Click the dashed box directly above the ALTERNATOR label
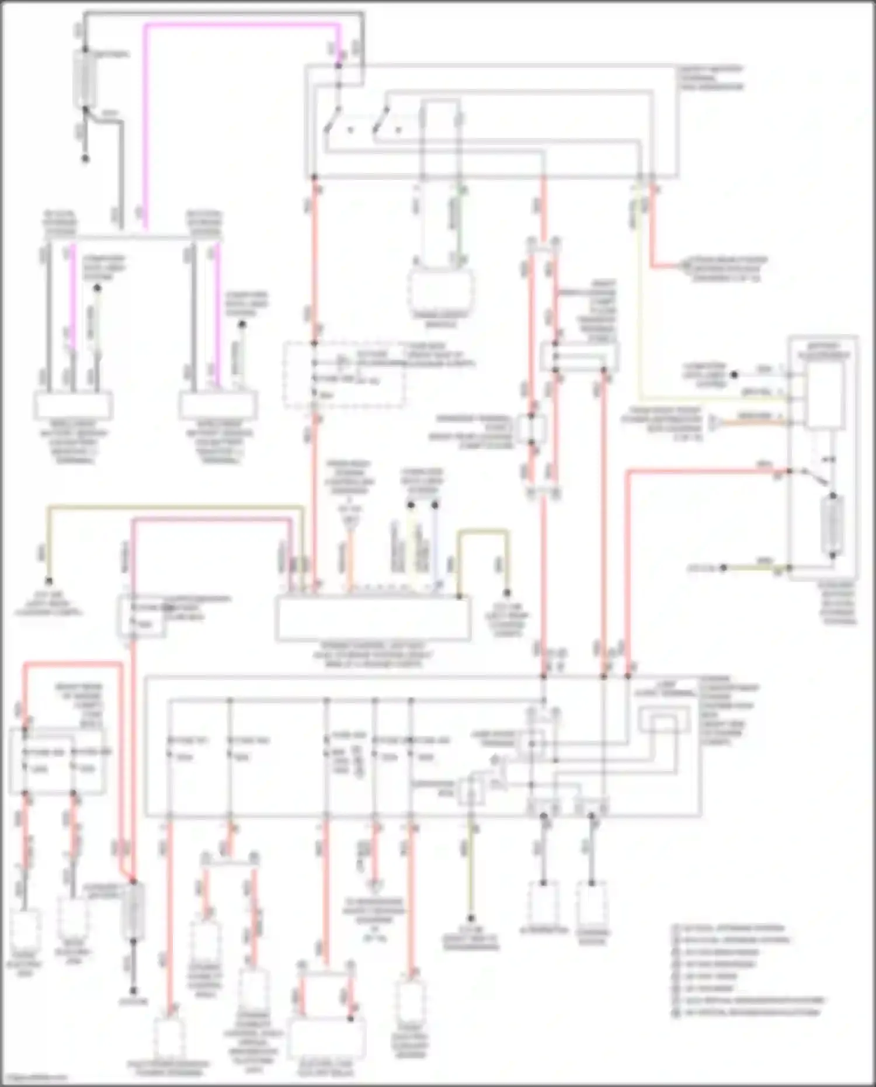pos(544,903)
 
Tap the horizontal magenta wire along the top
pos(239,25)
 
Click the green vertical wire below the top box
pos(459,222)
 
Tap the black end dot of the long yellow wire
pos(50,581)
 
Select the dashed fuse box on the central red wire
pos(345,374)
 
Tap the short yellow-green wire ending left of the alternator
pos(471,876)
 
